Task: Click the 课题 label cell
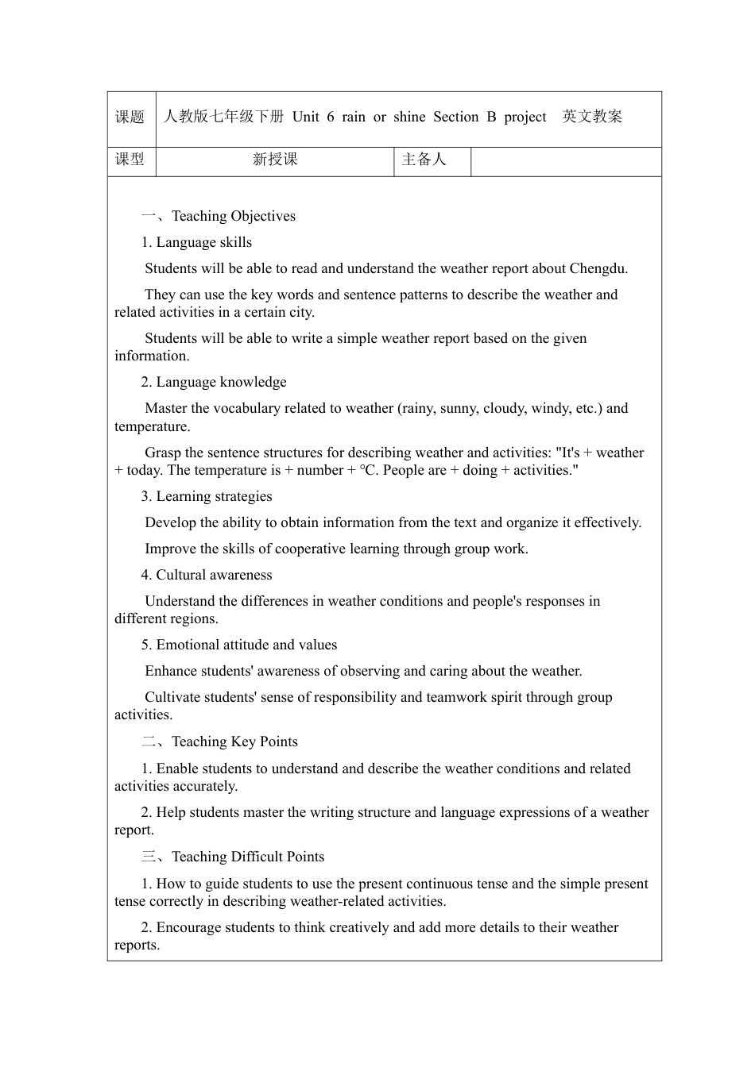point(130,117)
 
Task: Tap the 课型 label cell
point(130,160)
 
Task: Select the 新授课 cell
point(275,160)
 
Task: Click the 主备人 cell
point(424,160)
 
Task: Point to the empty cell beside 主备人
point(566,160)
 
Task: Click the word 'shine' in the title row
point(409,117)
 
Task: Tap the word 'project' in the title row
point(525,117)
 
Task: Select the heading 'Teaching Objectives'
point(234,217)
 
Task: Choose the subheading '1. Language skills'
point(196,243)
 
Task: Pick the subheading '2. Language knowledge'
point(214,383)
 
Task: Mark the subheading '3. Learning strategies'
point(207,497)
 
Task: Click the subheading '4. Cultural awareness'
point(207,576)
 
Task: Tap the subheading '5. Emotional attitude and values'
point(239,645)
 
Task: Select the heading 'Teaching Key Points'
point(234,742)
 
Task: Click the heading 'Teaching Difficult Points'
point(248,857)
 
